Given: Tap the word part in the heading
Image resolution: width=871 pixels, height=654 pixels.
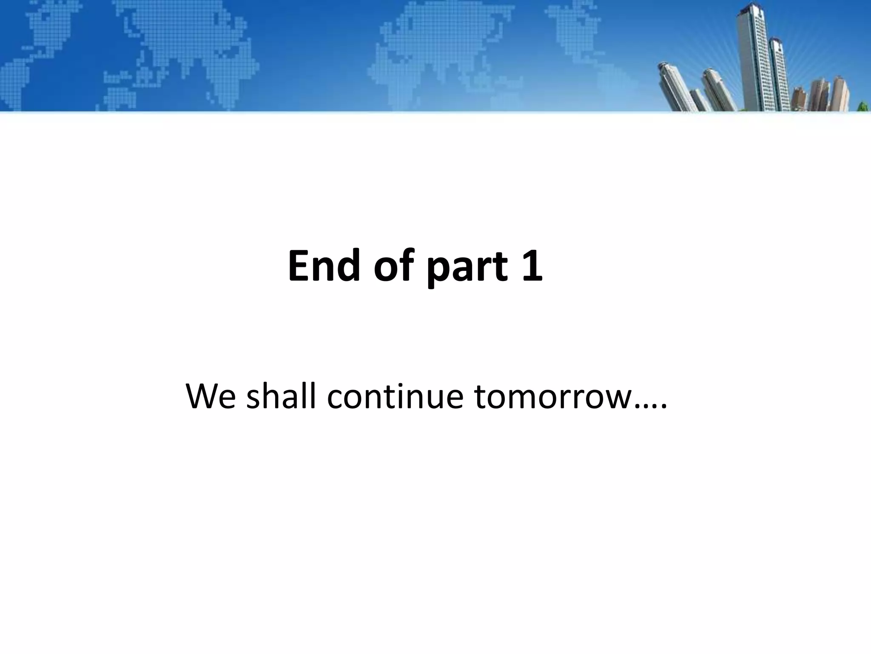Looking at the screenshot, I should pyautogui.click(x=468, y=268).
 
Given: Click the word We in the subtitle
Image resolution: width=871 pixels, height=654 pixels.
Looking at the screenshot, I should pyautogui.click(x=210, y=397).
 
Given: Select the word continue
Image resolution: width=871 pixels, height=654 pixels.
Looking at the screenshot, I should pyautogui.click(x=395, y=397).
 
